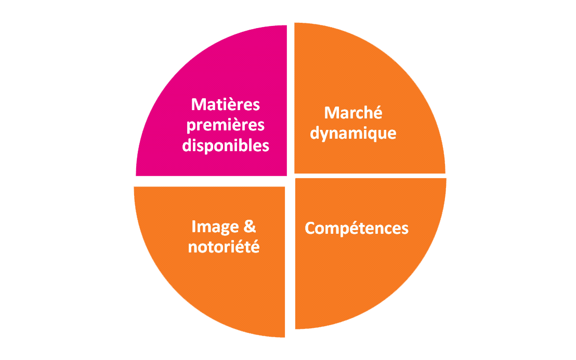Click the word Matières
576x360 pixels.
(x=226, y=104)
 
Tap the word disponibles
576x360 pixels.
(x=226, y=145)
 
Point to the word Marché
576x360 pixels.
(x=353, y=112)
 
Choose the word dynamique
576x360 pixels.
(x=353, y=134)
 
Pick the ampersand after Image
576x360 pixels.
(x=250, y=227)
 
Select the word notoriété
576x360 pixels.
(x=224, y=247)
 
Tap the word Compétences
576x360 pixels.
(x=357, y=228)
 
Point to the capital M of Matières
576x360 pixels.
(x=199, y=104)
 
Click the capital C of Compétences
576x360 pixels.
(x=310, y=228)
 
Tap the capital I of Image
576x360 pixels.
(x=193, y=227)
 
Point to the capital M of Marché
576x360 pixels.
(x=332, y=113)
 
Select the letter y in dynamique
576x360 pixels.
(x=326, y=136)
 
